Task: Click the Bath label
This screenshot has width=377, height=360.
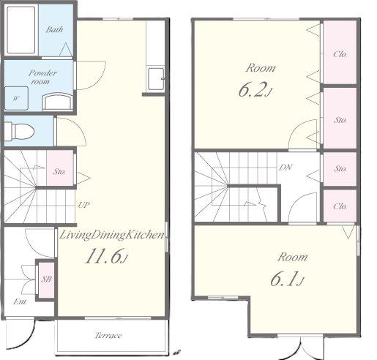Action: click(x=54, y=30)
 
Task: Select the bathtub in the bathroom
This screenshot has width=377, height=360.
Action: click(x=21, y=30)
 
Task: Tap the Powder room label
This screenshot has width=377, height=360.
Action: click(x=42, y=77)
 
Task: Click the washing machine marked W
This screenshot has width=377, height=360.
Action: click(x=16, y=98)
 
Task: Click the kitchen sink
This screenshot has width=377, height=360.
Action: click(x=156, y=79)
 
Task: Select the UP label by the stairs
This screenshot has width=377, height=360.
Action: click(x=83, y=205)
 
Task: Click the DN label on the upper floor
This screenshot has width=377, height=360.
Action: click(x=285, y=168)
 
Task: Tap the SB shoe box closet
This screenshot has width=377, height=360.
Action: click(x=46, y=279)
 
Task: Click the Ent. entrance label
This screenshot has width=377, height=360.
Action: click(x=20, y=301)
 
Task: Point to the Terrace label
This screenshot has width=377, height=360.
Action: click(x=108, y=336)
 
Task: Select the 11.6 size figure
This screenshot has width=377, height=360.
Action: click(x=106, y=256)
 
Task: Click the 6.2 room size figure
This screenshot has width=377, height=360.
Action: click(x=255, y=90)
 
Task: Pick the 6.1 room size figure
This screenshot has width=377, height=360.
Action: click(x=287, y=279)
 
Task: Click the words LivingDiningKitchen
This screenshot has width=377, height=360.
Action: click(x=112, y=235)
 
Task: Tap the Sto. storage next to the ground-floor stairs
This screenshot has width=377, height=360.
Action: click(x=60, y=168)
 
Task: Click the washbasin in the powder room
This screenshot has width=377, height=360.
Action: click(x=58, y=102)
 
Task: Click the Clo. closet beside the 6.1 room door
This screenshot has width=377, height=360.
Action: click(x=340, y=206)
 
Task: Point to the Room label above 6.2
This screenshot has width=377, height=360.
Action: click(x=261, y=68)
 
